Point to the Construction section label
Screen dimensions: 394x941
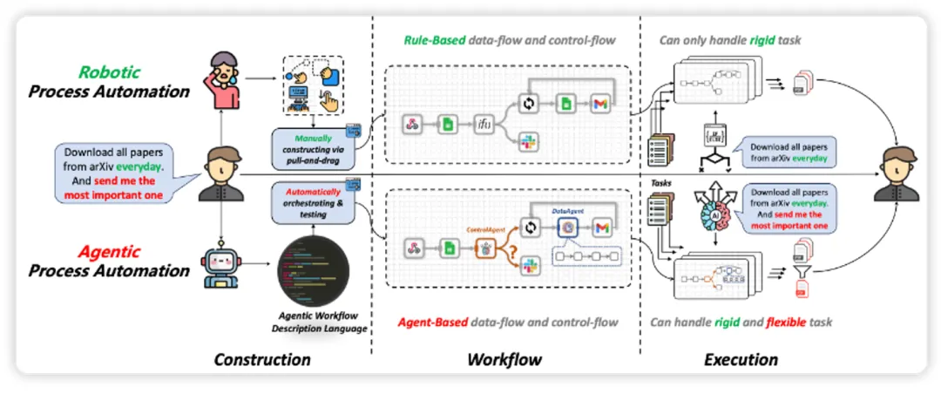click(262, 359)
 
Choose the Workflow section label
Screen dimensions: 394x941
click(504, 359)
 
